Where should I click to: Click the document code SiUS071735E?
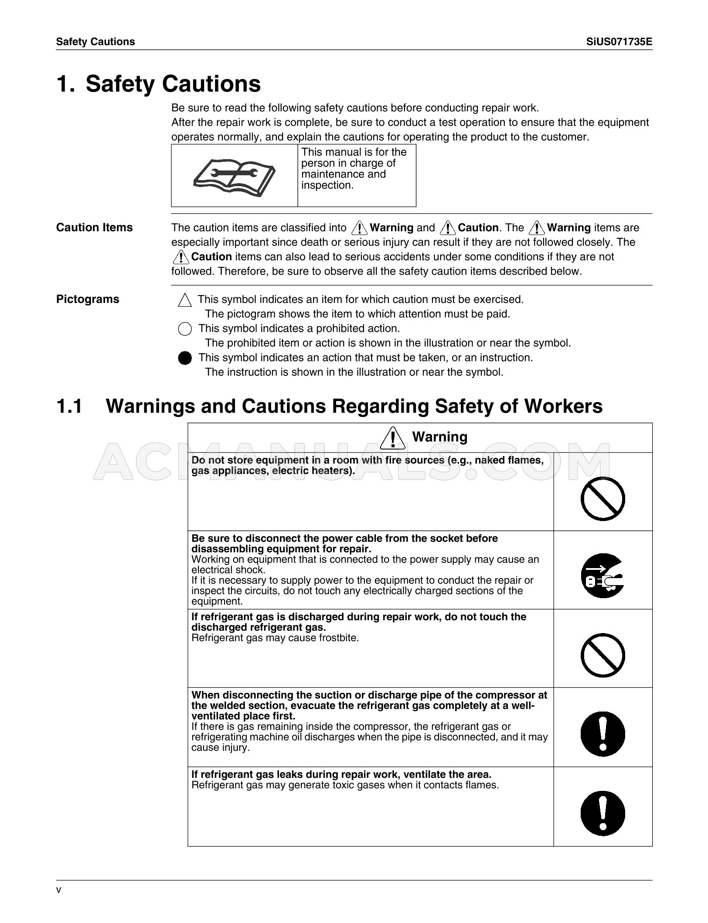pos(619,42)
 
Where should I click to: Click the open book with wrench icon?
pos(234,176)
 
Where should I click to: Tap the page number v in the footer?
pos(59,890)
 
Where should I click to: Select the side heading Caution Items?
pos(94,228)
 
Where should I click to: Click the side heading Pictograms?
pos(88,300)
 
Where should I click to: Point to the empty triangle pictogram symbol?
pos(185,300)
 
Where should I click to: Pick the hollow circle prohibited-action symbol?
pos(185,329)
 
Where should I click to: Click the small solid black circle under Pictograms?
pos(185,358)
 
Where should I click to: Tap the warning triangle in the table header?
pos(392,438)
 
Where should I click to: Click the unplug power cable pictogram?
pos(602,576)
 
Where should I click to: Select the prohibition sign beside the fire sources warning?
pos(602,498)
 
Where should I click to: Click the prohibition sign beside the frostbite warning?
pos(602,655)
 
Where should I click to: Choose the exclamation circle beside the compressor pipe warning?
pos(602,734)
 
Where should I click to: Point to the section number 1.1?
pos(70,406)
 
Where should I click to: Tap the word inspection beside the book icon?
pos(327,185)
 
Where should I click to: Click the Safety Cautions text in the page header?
pos(95,42)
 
